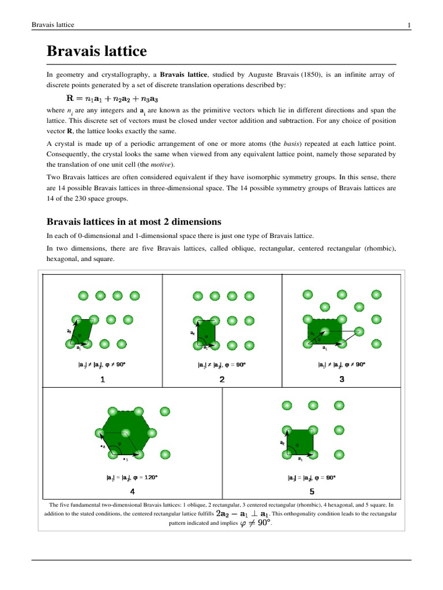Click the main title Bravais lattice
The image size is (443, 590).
(x=96, y=52)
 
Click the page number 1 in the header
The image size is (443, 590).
(x=408, y=25)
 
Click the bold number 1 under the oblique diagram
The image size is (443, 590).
(x=103, y=379)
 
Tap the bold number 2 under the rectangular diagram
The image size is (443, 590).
(x=222, y=379)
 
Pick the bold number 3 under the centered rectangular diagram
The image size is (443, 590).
(x=341, y=379)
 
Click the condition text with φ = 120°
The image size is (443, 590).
(x=132, y=477)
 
